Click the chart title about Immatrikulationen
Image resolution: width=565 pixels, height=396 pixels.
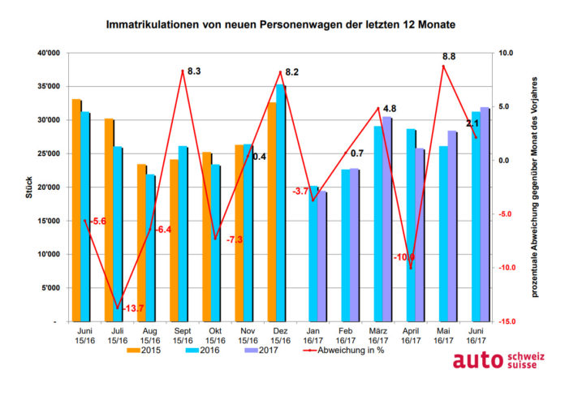tap(281, 25)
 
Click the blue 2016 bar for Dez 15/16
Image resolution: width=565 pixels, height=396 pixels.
tap(280, 203)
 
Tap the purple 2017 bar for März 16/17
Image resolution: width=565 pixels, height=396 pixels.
tap(386, 219)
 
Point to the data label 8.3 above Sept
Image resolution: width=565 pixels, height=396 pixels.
tap(194, 71)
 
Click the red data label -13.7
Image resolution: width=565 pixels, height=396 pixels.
tap(132, 308)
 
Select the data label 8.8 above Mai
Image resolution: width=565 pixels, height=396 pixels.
tap(447, 58)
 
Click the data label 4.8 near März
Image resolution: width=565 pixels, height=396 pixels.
tap(389, 109)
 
